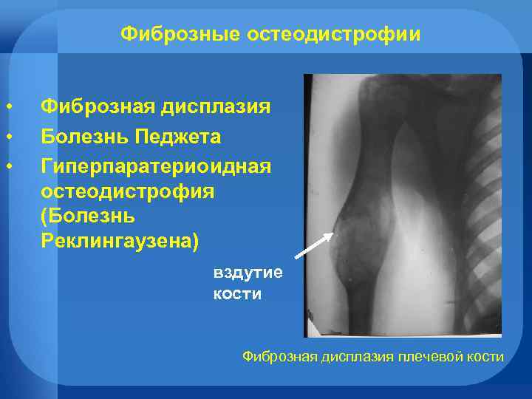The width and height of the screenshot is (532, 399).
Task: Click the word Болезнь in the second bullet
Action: [x=82, y=136]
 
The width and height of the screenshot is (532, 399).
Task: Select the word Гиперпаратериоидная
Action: [x=156, y=164]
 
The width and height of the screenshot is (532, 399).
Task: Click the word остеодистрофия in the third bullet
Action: [x=128, y=191]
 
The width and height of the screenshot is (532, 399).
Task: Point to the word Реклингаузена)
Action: [x=119, y=243]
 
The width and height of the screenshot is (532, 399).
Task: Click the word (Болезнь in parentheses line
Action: [x=88, y=217]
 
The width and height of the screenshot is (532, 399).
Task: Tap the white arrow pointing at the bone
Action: [x=314, y=245]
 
